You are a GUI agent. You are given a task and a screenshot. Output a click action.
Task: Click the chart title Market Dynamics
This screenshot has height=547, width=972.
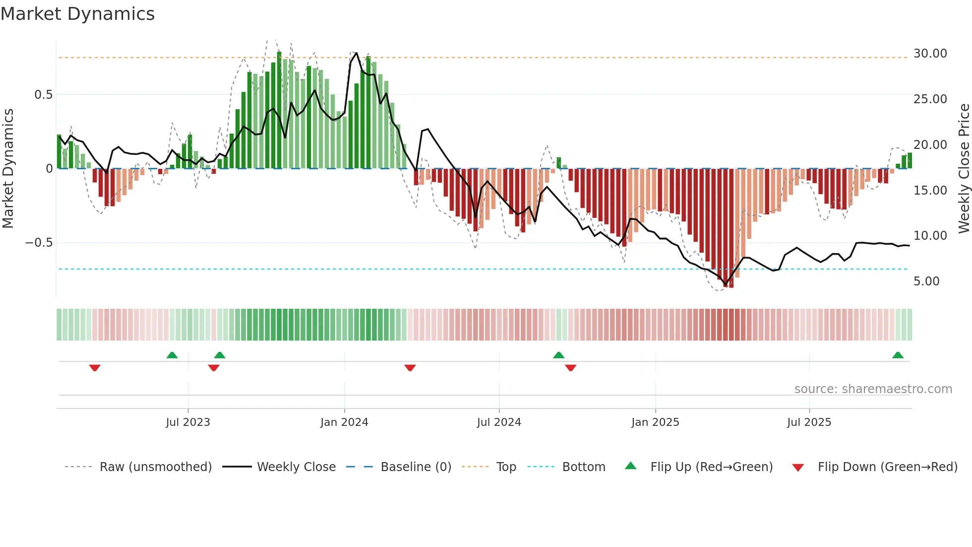(77, 14)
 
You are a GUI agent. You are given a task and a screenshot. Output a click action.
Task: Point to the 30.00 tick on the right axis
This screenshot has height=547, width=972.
(930, 54)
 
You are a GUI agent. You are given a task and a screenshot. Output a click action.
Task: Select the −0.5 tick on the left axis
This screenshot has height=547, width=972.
(39, 243)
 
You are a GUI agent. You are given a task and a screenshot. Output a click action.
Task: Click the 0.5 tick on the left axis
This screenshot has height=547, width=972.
(43, 95)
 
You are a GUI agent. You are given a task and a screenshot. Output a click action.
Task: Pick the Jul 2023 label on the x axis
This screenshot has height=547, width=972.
(188, 422)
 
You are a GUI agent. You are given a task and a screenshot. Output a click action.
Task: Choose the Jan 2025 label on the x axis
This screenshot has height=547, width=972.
(655, 422)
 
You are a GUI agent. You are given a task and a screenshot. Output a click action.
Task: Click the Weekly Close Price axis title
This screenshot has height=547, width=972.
(964, 168)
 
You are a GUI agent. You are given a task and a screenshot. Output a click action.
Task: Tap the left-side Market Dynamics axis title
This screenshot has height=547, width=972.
(8, 168)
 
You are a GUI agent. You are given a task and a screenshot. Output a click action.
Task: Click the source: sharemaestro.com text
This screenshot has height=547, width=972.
(873, 389)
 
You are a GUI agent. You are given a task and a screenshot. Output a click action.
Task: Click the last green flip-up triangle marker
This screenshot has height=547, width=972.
(898, 355)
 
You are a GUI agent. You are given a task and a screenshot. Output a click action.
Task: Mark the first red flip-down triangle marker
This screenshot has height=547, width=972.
(95, 367)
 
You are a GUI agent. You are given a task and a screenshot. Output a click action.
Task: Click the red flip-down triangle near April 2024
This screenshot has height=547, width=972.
(410, 367)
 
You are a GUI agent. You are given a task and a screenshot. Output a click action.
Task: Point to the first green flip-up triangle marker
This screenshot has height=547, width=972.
(172, 355)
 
